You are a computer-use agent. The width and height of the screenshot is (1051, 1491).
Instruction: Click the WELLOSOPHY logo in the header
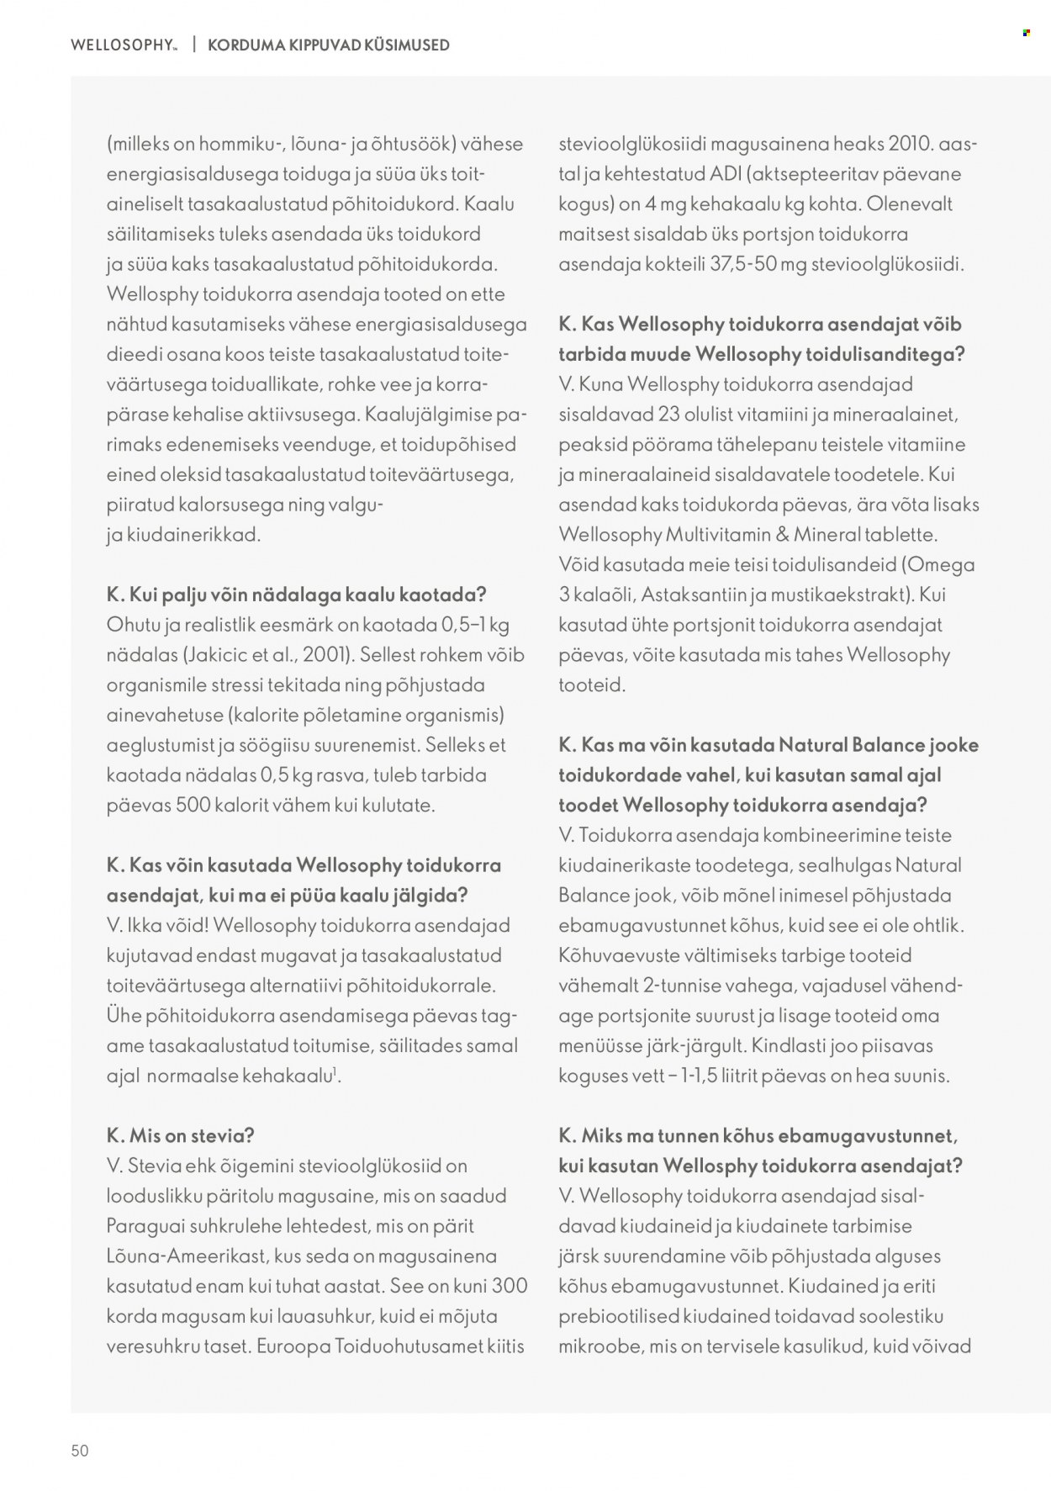pyautogui.click(x=124, y=45)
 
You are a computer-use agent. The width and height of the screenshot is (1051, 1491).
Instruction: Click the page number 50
pyautogui.click(x=80, y=1451)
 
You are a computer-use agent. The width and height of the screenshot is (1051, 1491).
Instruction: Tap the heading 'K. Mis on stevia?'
pyautogui.click(x=180, y=1135)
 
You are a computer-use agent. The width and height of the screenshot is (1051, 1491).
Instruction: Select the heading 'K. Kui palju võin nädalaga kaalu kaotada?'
pyautogui.click(x=296, y=595)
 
